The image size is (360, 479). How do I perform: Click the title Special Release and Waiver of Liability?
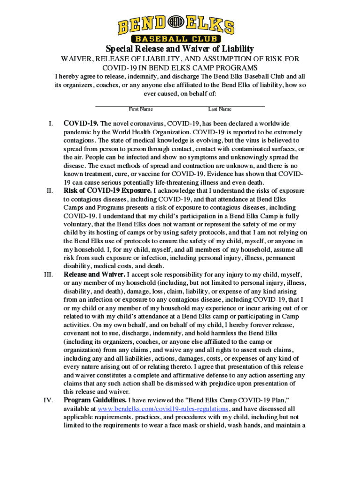[180, 49]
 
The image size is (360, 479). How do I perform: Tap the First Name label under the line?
[141, 109]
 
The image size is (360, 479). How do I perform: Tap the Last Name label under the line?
[220, 109]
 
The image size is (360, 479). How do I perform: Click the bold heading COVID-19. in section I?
[81, 123]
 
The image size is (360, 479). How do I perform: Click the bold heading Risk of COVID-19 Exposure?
[108, 191]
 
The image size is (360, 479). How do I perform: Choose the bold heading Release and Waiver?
[94, 275]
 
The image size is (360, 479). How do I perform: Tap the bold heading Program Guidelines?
[95, 400]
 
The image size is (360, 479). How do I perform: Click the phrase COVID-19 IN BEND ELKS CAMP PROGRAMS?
[180, 67]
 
